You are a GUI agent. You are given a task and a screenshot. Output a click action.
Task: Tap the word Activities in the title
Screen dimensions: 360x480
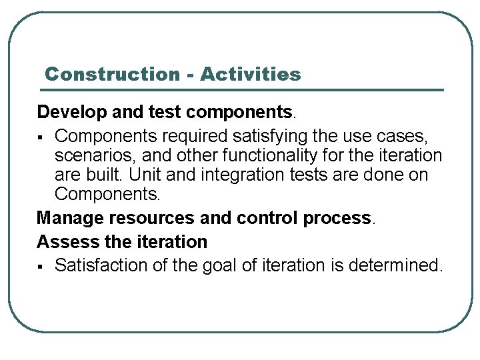point(250,74)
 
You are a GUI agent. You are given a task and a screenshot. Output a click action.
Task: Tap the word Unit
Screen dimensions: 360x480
point(165,175)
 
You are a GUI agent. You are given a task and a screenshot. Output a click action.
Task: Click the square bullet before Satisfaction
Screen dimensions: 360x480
point(41,266)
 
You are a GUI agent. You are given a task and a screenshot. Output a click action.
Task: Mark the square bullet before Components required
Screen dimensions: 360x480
point(41,137)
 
